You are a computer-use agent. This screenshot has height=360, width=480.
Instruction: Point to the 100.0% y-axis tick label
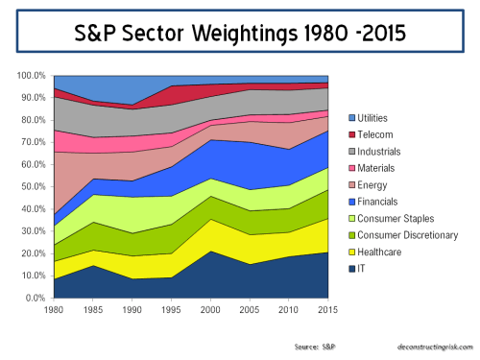click(32, 76)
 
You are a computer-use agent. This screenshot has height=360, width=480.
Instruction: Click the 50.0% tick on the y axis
click(34, 187)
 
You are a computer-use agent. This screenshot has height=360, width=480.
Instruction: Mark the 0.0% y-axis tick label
click(36, 299)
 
